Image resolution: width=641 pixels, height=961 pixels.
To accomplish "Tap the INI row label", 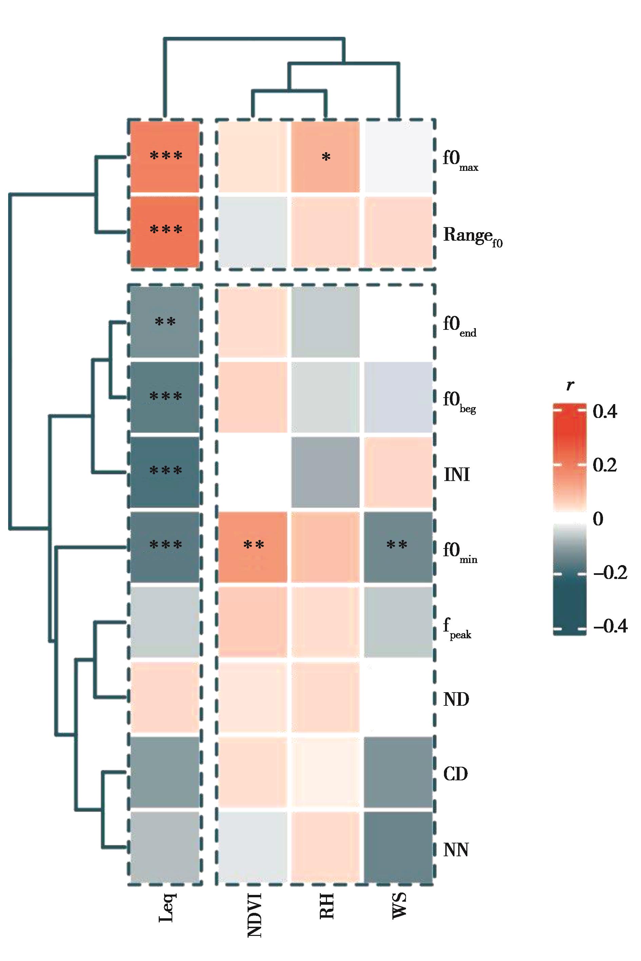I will pos(457,475).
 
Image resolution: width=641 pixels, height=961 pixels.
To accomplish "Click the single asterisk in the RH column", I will pos(326,158).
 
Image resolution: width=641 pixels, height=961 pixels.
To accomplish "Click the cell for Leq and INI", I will pos(165,472).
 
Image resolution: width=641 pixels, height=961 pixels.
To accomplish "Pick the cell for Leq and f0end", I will pos(165,322).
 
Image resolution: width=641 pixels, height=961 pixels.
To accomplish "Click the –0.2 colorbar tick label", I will pos(610,573).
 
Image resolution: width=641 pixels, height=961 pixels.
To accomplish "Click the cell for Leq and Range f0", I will pos(165,232).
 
